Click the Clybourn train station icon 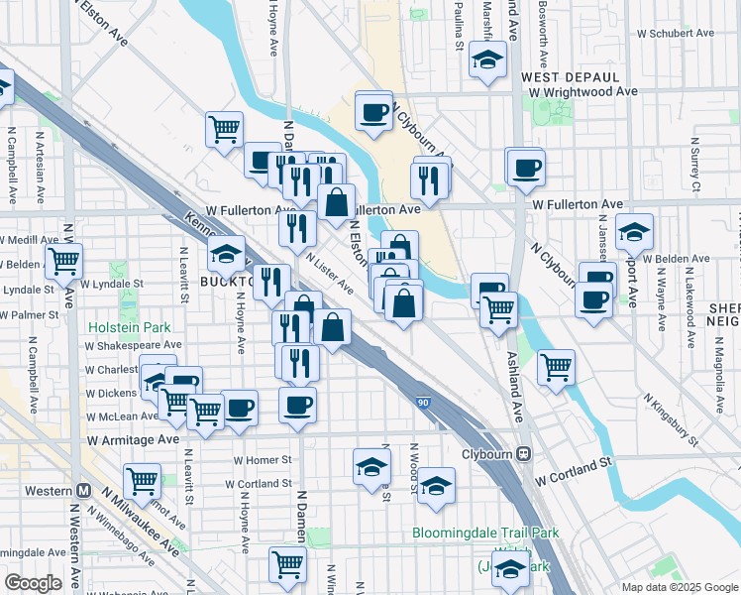(x=525, y=454)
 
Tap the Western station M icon (x=84, y=491)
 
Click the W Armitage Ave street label (x=133, y=438)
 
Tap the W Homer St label (x=263, y=460)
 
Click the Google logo (x=34, y=582)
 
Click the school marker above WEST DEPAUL (x=487, y=60)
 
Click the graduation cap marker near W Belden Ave (x=634, y=232)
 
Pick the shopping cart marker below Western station (x=143, y=481)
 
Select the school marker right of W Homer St (x=370, y=466)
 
